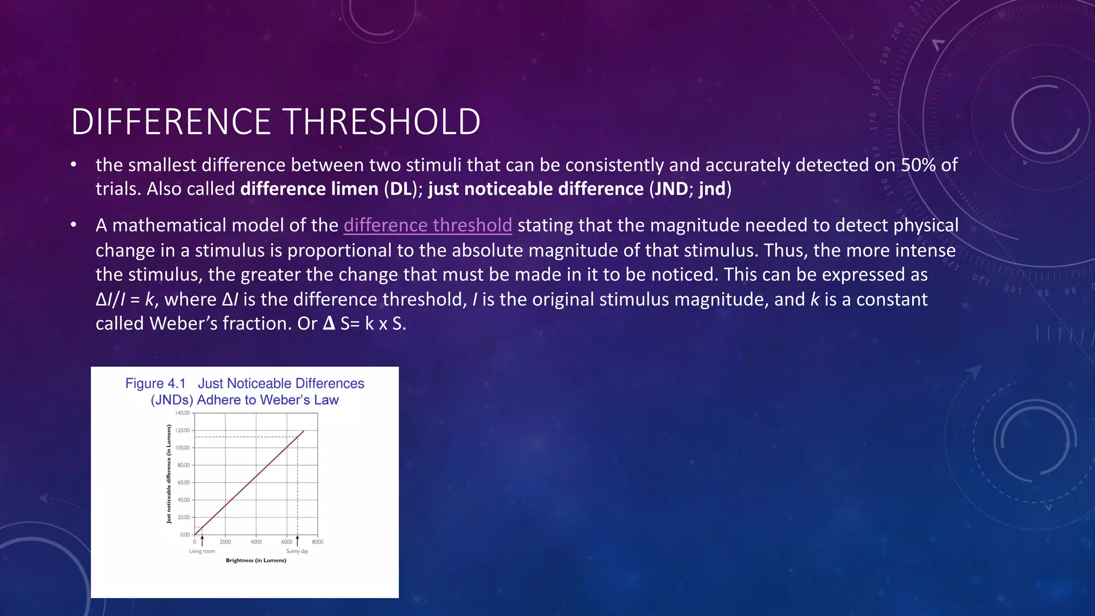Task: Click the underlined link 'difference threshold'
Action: pos(428,225)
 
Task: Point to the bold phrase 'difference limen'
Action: pos(309,189)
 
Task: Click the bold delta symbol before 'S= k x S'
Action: pos(329,324)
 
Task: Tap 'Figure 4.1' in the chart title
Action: pos(155,383)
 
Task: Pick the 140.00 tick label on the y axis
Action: pos(182,413)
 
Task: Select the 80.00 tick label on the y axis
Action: pos(183,465)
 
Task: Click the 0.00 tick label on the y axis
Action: pos(184,535)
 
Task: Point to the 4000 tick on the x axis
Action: pos(256,542)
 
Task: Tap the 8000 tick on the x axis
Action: pos(318,542)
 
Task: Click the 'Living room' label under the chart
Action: pos(202,551)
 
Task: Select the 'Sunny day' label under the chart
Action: pos(297,551)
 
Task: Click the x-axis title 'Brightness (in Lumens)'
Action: pos(256,560)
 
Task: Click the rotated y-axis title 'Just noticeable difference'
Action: pos(169,474)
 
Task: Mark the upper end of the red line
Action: pos(304,431)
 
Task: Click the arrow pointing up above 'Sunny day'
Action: pos(297,541)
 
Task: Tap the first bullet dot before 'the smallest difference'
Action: pos(74,165)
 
